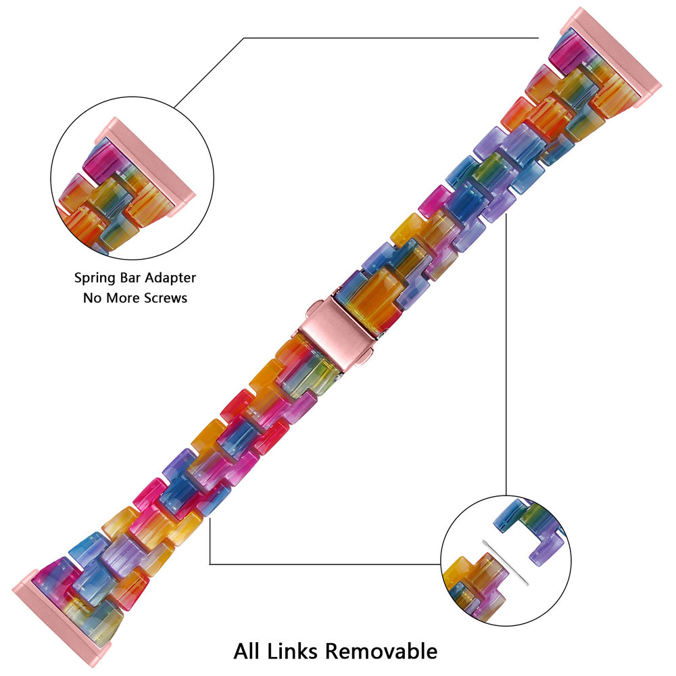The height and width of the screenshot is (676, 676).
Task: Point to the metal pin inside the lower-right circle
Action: click(507, 562)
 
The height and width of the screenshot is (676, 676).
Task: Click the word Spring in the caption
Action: click(95, 278)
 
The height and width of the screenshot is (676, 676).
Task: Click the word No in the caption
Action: click(91, 297)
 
